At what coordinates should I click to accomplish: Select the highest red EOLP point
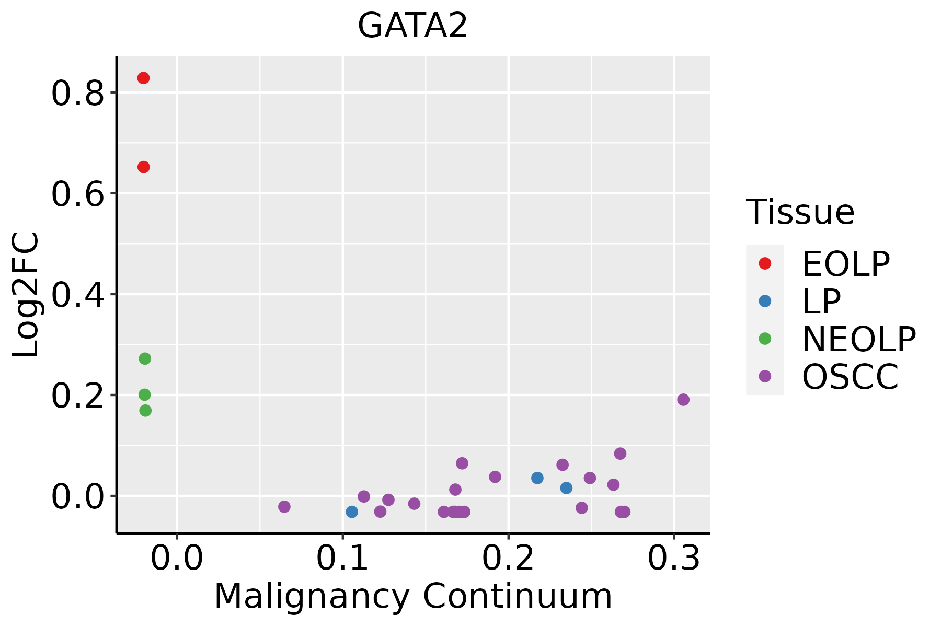(x=143, y=78)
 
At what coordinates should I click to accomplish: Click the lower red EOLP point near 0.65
(x=143, y=167)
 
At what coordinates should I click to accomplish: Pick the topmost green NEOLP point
(x=145, y=358)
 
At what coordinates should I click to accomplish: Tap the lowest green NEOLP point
(x=145, y=411)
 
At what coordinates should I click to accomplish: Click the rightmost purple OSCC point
(x=683, y=400)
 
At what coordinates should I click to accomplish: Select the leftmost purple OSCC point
(x=284, y=506)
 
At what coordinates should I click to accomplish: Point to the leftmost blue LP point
(x=352, y=512)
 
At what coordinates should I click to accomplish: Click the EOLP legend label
(x=846, y=264)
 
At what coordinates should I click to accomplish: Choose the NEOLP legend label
(x=859, y=339)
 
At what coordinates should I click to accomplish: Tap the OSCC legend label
(x=851, y=377)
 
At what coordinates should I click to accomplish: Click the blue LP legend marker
(x=765, y=301)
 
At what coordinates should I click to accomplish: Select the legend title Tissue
(x=800, y=212)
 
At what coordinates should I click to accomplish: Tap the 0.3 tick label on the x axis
(x=674, y=559)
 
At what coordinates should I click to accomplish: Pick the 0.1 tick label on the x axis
(x=342, y=559)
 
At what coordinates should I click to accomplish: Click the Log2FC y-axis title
(x=26, y=295)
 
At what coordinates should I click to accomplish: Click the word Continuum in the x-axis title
(x=518, y=596)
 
